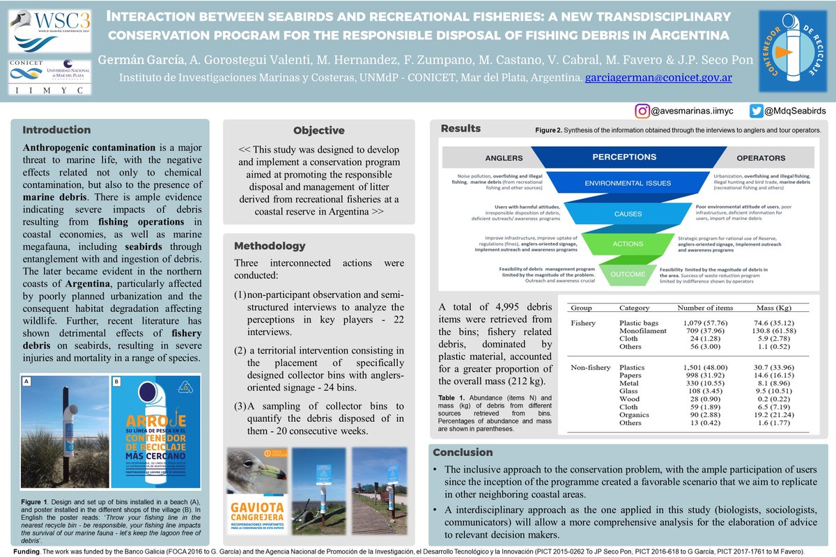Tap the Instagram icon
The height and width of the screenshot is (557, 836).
[x=642, y=110]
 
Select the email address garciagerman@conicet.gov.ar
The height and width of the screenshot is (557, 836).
[x=658, y=77]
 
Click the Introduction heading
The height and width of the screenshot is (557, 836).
[x=56, y=130]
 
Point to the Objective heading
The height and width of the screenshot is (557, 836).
[x=318, y=130]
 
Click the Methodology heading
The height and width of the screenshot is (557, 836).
[x=270, y=246]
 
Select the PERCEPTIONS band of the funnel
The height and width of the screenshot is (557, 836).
[x=624, y=157]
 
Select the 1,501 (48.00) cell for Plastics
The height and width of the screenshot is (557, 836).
[x=702, y=367]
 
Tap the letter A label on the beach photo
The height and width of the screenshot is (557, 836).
[x=27, y=382]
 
